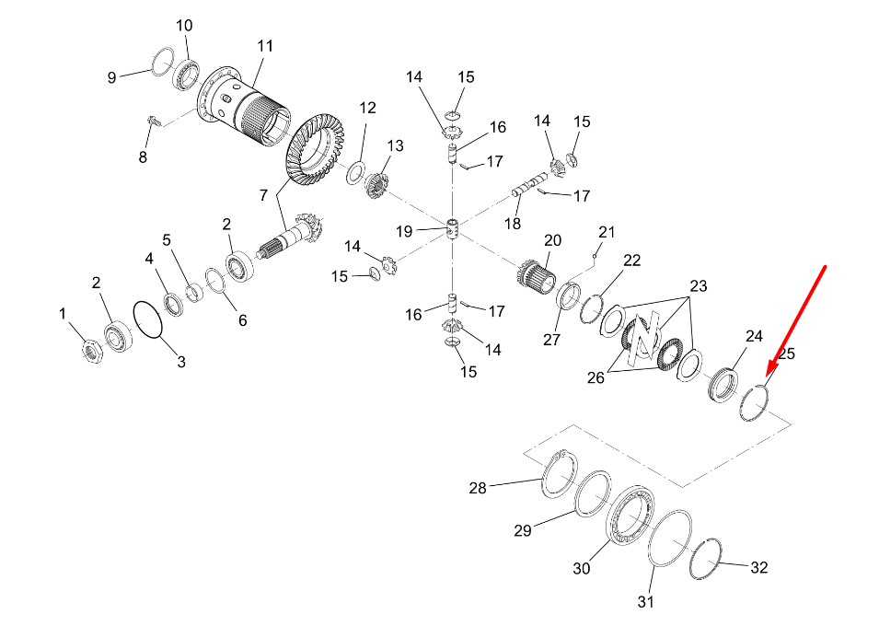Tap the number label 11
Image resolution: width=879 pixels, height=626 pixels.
(x=265, y=46)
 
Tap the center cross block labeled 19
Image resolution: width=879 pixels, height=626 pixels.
(x=452, y=228)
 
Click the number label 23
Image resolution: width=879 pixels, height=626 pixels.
(x=699, y=286)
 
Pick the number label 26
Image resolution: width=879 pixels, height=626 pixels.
(x=596, y=377)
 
